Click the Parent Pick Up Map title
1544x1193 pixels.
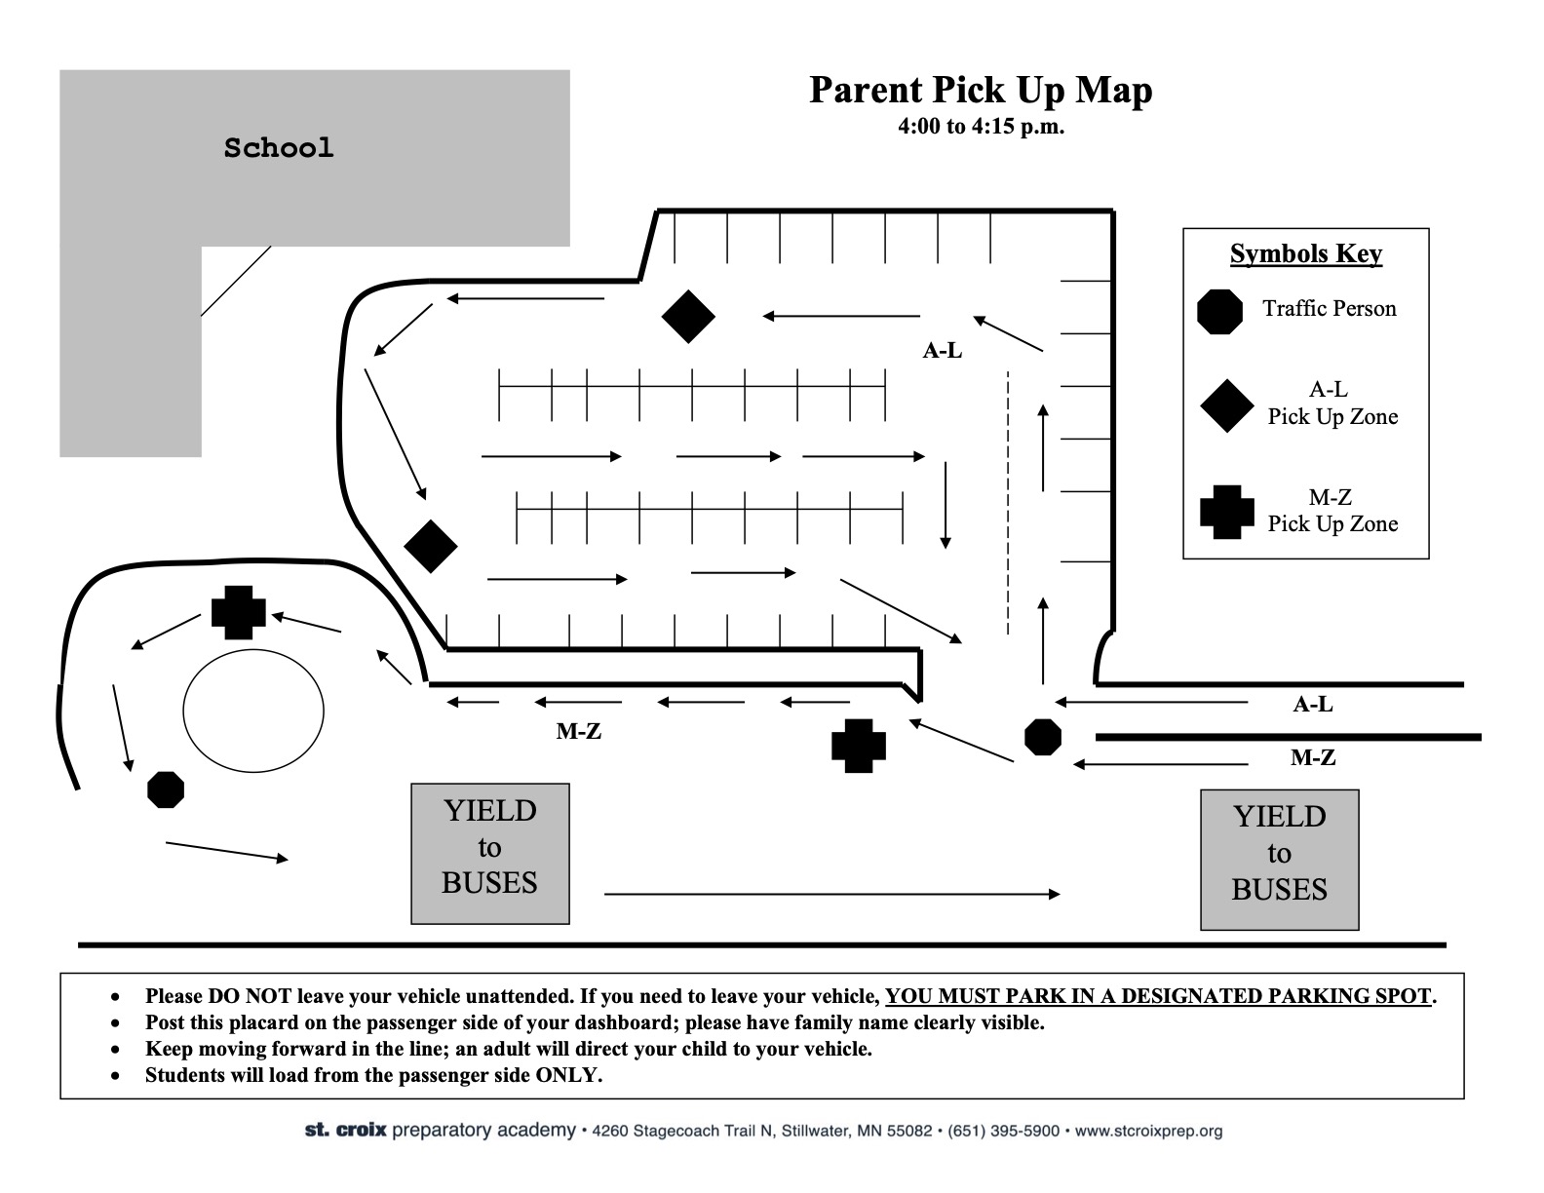point(981,91)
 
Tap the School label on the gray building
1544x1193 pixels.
point(279,148)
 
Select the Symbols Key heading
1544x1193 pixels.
point(1306,253)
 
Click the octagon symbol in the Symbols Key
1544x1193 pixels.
point(1219,311)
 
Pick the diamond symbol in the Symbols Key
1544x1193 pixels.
point(1227,405)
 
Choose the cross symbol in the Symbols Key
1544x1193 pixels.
point(1227,512)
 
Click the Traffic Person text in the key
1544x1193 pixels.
point(1330,308)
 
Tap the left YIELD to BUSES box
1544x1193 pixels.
point(490,854)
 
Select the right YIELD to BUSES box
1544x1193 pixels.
point(1280,859)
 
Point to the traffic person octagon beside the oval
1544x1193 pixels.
point(166,789)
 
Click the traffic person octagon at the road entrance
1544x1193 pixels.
point(1043,736)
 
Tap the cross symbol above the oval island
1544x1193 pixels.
point(239,612)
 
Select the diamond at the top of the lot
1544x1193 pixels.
point(688,316)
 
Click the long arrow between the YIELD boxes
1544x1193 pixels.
point(832,894)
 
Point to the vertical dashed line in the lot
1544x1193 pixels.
point(1008,502)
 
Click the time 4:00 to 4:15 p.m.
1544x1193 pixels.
point(982,127)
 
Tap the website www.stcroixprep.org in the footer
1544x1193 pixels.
point(1148,1131)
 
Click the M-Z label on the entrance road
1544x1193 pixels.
point(1313,757)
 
